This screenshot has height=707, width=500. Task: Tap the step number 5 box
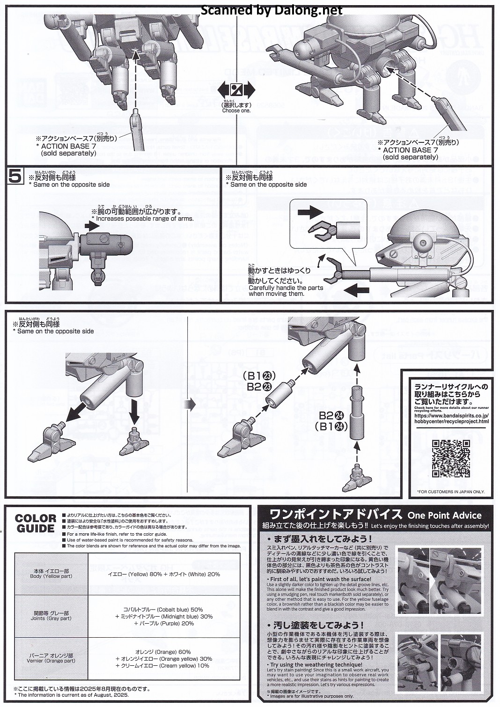coord(15,177)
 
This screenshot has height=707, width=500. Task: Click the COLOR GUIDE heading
coord(35,523)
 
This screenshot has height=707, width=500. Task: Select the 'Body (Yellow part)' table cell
coord(51,574)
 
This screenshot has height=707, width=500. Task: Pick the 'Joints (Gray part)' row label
coord(51,616)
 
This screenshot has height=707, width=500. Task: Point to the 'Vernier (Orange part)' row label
coord(51,658)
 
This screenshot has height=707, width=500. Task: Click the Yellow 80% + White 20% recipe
coord(164,574)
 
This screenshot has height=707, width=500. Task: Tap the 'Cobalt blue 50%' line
coord(163,610)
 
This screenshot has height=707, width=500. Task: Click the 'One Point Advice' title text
coord(444,516)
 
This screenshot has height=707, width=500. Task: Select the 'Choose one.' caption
coord(236,110)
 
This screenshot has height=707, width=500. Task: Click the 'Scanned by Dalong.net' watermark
coord(272,10)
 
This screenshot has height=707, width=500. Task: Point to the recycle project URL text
coord(451,418)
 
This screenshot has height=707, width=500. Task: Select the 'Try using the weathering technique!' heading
coord(316,664)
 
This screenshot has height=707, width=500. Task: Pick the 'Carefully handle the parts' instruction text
coord(286,288)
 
